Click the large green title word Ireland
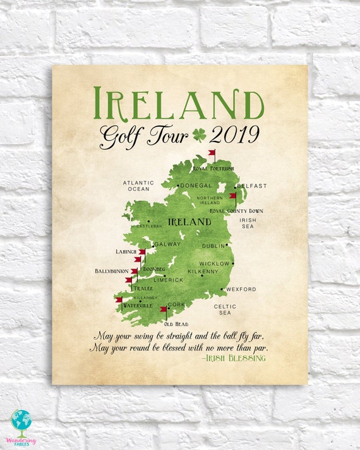(179, 103)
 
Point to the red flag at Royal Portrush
(212, 153)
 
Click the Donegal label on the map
(196, 186)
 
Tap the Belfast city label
(252, 186)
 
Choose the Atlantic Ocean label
(137, 186)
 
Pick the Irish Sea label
(248, 223)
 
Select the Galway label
(167, 244)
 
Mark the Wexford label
(241, 289)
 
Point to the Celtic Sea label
(225, 309)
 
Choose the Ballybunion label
(112, 271)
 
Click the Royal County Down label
(236, 210)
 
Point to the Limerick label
(168, 279)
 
